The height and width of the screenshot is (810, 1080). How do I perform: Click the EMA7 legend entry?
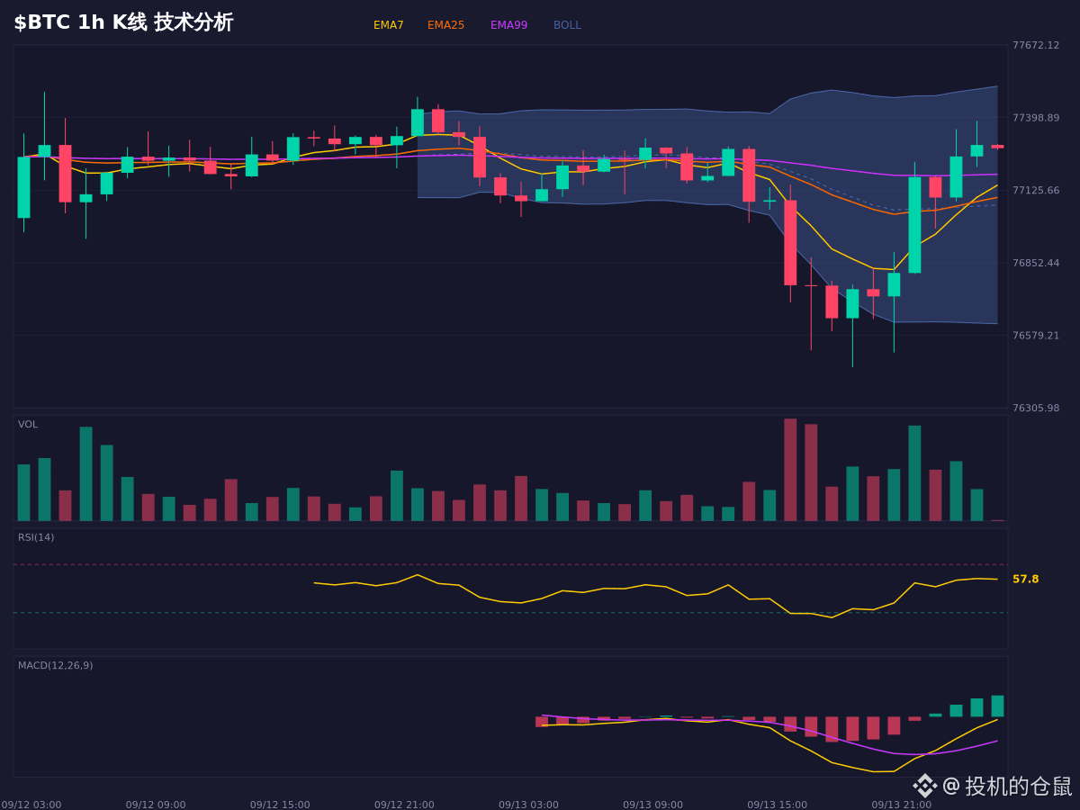(388, 25)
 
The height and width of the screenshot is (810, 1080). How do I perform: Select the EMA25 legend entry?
(445, 25)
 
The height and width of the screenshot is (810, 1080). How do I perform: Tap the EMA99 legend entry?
(508, 25)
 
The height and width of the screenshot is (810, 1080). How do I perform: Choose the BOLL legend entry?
(567, 25)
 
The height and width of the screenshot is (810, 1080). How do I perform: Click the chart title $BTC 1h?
(59, 22)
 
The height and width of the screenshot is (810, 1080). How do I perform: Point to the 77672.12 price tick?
(1036, 45)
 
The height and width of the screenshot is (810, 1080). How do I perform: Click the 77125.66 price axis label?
(1036, 190)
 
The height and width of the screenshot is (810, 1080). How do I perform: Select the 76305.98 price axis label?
(1036, 408)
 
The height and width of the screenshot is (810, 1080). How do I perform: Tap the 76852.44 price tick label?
(1036, 263)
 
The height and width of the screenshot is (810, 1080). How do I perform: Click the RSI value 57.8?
(1025, 579)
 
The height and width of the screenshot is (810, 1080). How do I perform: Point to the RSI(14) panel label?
(36, 537)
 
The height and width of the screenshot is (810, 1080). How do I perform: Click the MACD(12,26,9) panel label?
(55, 665)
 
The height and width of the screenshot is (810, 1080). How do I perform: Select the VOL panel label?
(28, 425)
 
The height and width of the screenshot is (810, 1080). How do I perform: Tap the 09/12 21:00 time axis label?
(404, 805)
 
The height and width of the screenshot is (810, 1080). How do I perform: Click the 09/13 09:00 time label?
(652, 805)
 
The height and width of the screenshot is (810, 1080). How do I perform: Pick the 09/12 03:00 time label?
(31, 805)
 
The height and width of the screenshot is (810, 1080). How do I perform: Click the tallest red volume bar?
(790, 470)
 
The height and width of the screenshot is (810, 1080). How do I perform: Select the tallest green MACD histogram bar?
(997, 706)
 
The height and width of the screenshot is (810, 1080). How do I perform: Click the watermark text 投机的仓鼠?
(1018, 786)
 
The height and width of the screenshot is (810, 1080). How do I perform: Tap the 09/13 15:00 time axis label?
(777, 805)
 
